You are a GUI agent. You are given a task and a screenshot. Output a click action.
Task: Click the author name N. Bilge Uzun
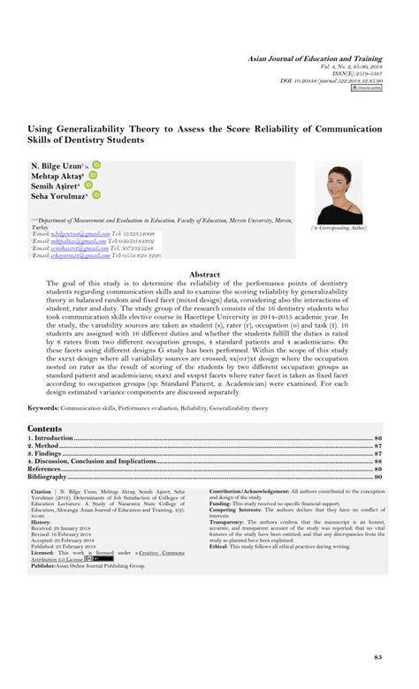coord(57,165)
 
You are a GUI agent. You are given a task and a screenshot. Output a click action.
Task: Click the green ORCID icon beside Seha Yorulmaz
coord(95,195)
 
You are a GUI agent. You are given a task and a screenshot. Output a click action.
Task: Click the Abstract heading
coord(209,275)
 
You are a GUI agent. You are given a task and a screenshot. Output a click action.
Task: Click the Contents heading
coord(45,428)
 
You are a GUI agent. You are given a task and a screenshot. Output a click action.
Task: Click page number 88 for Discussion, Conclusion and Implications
coord(378,461)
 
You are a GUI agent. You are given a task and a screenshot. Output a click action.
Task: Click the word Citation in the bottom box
coord(42,491)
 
